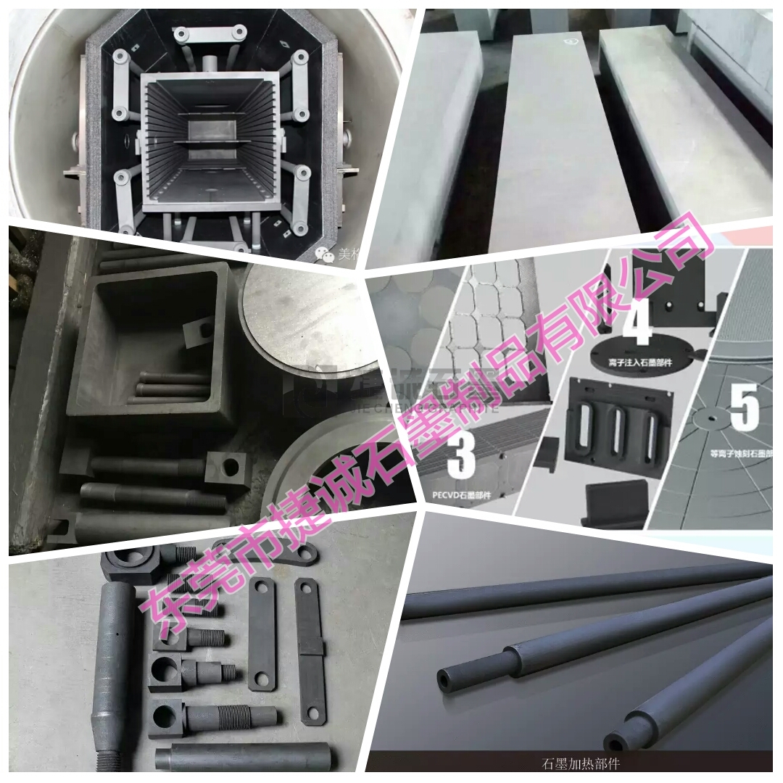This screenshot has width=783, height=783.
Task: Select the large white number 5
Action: point(744,407)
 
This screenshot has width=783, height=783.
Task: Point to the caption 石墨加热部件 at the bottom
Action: point(581,763)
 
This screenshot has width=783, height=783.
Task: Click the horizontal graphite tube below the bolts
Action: point(243,757)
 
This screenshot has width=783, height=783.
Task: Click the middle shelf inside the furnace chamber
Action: point(210,141)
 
